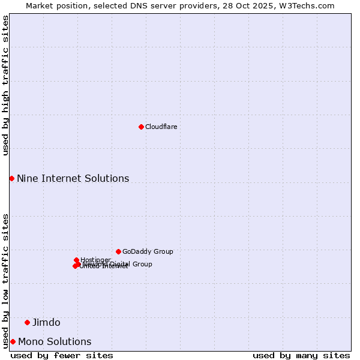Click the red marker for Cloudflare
tap(141, 127)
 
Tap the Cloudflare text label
tap(161, 127)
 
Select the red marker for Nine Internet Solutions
tap(11, 178)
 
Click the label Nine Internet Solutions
tap(73, 179)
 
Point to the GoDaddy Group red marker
tap(118, 251)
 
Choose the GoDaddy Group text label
tap(148, 252)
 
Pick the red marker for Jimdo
tap(27, 322)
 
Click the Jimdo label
tap(46, 323)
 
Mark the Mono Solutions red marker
tap(13, 341)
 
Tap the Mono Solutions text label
tap(55, 342)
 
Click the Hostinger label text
tap(95, 260)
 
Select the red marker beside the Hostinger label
tap(76, 260)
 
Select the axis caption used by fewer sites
tap(62, 356)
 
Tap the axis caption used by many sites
tap(301, 356)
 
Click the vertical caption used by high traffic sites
tap(5, 85)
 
